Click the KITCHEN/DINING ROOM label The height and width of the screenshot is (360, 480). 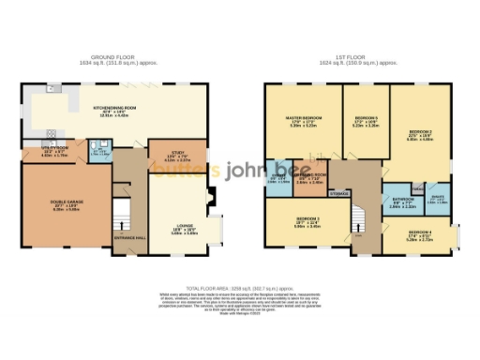(x=115, y=110)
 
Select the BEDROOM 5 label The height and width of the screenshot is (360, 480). (x=365, y=119)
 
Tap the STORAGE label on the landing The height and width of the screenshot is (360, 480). (x=340, y=195)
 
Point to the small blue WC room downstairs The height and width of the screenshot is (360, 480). (x=99, y=153)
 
